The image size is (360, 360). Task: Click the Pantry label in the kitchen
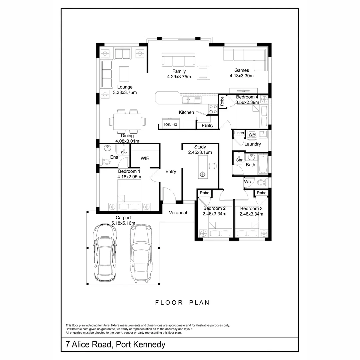click(207, 125)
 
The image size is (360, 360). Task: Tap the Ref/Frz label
click(171, 124)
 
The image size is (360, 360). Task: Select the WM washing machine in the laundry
click(252, 134)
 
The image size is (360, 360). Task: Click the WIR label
click(145, 158)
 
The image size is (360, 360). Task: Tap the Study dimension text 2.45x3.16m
click(200, 152)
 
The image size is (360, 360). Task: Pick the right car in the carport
click(141, 252)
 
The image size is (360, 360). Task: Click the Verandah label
click(179, 213)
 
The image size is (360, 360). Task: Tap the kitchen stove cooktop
click(213, 109)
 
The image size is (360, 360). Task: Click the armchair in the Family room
click(203, 72)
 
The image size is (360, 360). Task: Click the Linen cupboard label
click(239, 133)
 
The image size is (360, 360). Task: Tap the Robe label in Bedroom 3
click(262, 193)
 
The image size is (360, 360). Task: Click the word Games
click(241, 70)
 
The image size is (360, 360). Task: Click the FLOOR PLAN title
click(182, 303)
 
